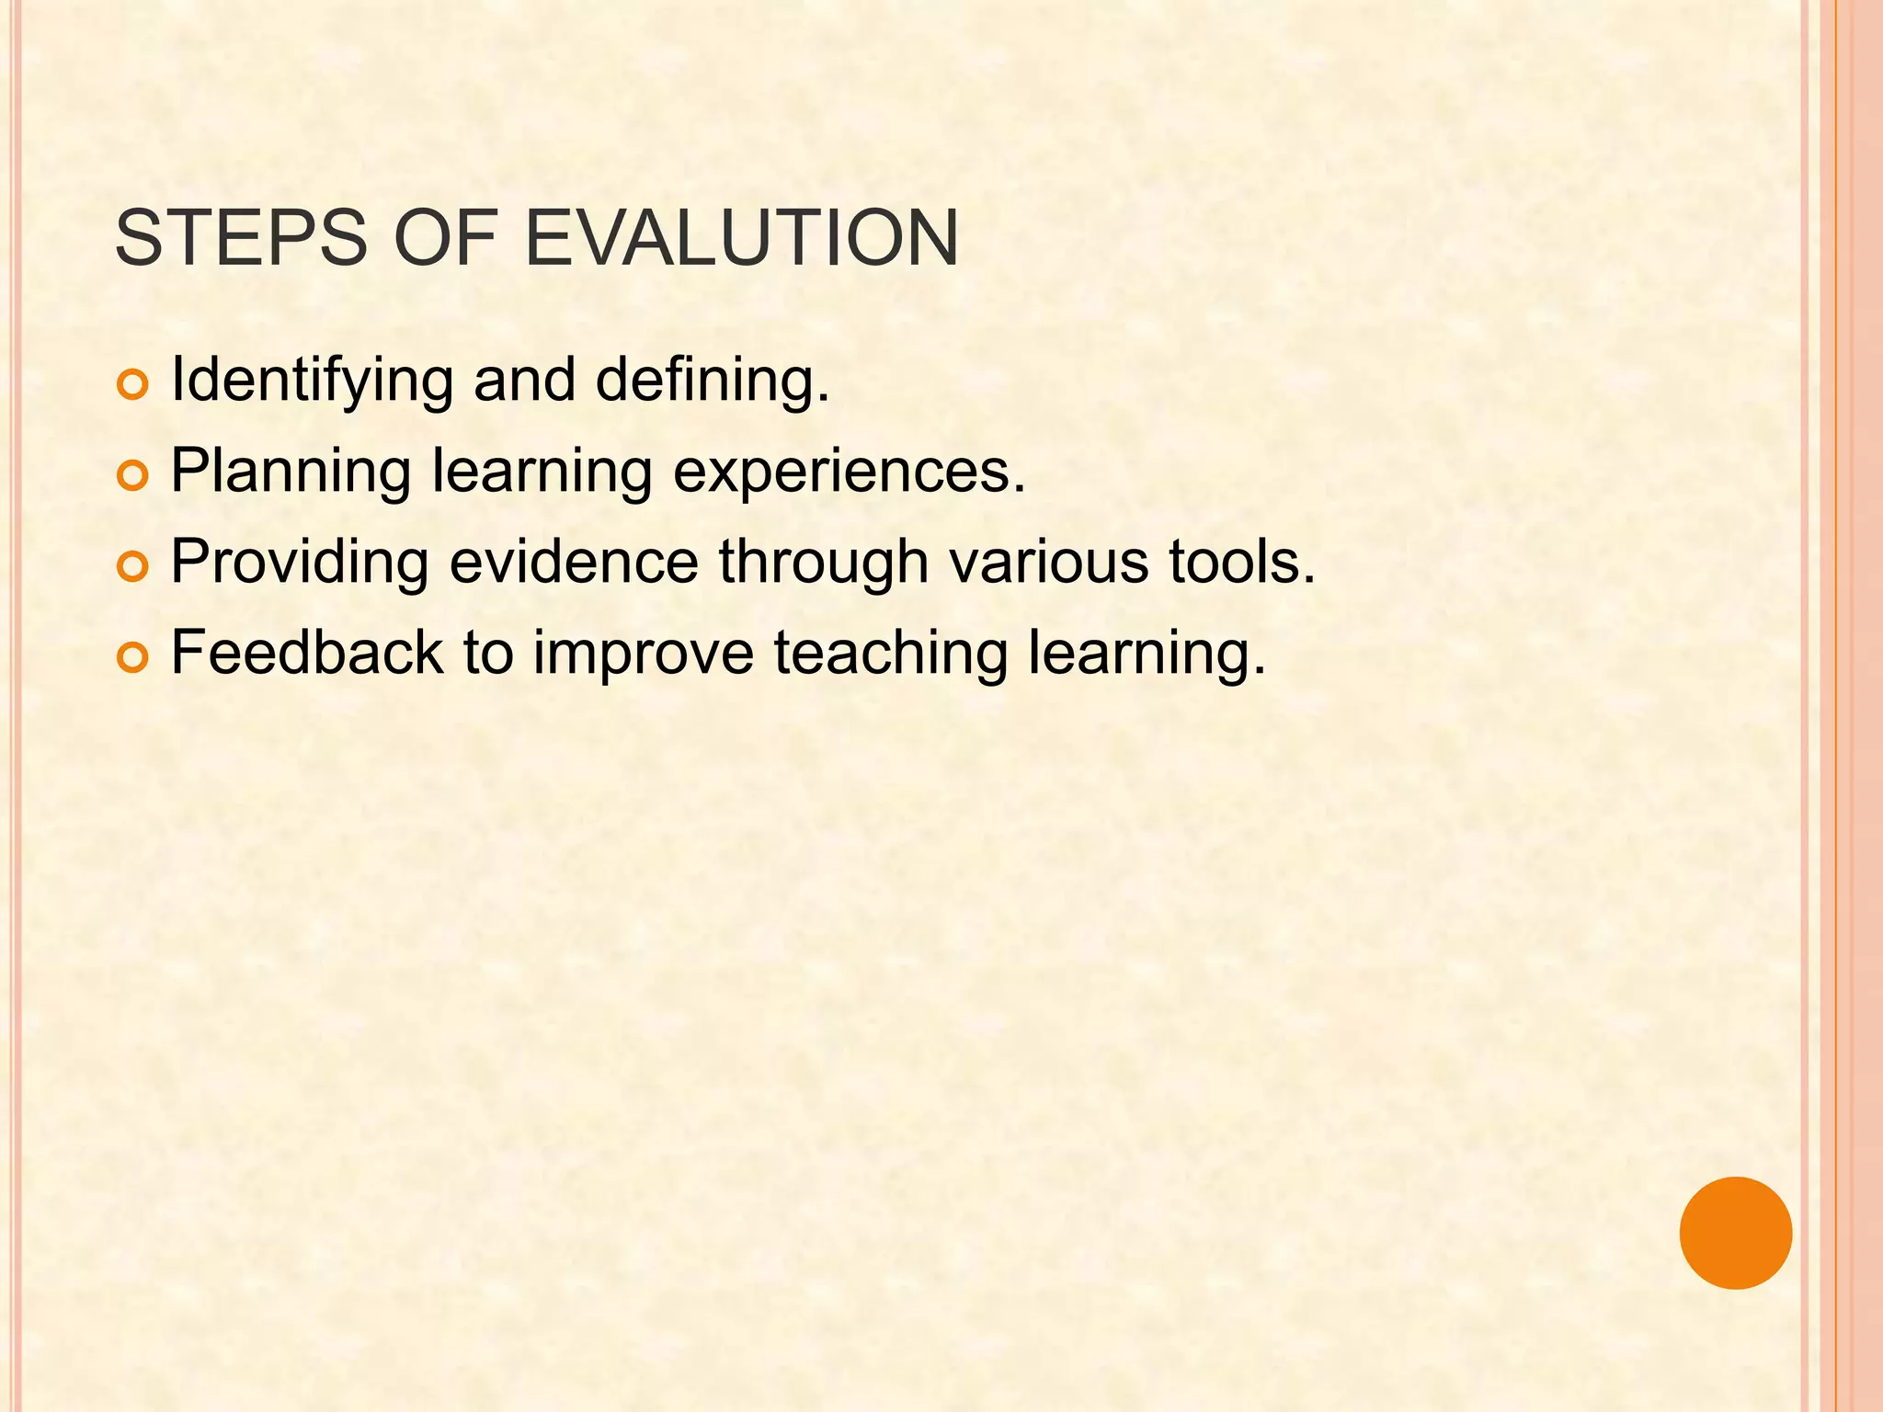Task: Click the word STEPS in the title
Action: (240, 238)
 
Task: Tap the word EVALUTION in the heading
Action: (741, 238)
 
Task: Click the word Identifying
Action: (312, 381)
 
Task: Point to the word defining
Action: (713, 381)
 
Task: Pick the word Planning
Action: (291, 472)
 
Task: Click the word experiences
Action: (849, 472)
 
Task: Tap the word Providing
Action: (300, 562)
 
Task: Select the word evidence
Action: (574, 562)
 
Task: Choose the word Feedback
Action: (307, 653)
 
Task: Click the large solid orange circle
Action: (1735, 1233)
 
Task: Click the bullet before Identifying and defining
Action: (132, 386)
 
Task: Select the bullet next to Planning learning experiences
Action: (132, 476)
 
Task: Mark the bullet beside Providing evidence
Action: (132, 567)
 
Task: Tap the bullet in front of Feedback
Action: (132, 657)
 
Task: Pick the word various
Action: (1048, 562)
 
